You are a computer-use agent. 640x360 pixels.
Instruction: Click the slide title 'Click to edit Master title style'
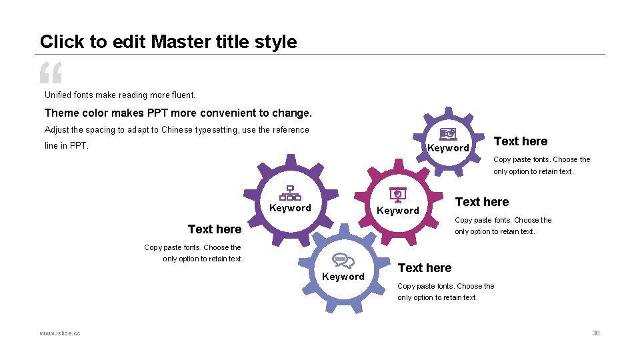pos(168,41)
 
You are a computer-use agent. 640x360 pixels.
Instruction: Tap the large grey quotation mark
pos(51,73)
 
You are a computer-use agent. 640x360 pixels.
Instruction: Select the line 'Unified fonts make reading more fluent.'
pos(120,95)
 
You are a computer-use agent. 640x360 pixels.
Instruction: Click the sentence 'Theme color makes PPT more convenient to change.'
pos(178,113)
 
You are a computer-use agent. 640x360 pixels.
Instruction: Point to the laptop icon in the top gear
pos(448,135)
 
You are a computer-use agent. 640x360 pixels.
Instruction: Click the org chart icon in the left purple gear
pos(290,193)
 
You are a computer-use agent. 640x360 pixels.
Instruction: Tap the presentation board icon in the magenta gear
pos(398,194)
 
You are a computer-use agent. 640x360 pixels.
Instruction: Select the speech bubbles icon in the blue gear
pos(343,261)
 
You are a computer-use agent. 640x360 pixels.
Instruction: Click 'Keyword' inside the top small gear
pos(448,148)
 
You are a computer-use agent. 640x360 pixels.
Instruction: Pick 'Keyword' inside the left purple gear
pos(290,208)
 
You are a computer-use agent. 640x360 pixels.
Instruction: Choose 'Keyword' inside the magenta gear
pos(398,211)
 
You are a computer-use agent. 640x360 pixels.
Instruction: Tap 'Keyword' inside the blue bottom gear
pos(343,277)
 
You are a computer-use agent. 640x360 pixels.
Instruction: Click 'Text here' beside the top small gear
pos(520,141)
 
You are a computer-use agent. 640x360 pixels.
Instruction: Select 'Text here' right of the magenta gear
pos(481,202)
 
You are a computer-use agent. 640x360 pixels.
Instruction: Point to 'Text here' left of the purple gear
pos(215,229)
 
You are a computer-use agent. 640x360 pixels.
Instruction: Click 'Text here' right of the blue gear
pos(424,268)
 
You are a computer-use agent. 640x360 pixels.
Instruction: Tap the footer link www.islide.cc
pos(60,333)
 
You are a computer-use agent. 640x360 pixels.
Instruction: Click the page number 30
pos(596,333)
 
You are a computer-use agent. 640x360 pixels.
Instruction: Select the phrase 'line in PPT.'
pos(67,146)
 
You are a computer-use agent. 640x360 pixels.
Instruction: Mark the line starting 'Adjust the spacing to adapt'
pos(177,130)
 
